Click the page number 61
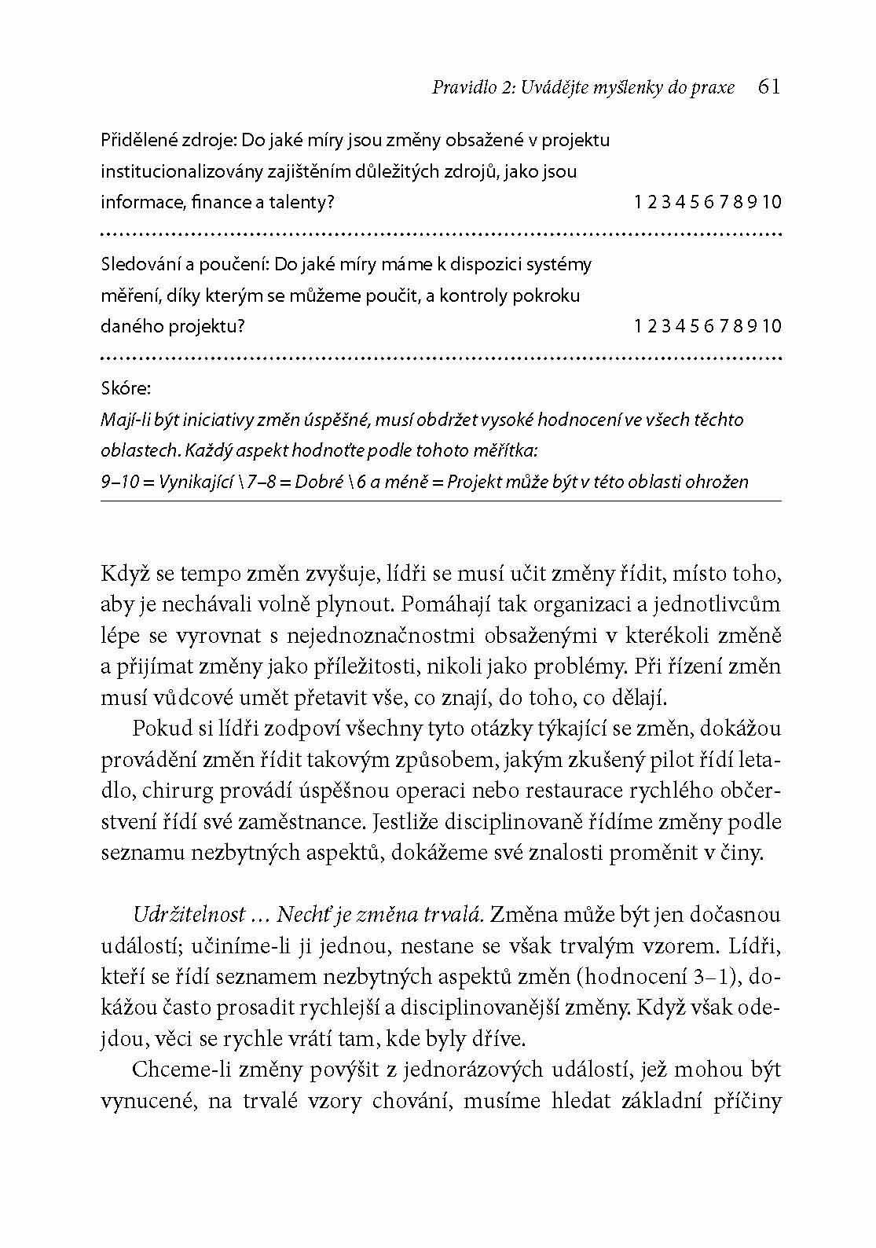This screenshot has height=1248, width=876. tap(769, 86)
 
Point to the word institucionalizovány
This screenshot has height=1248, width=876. tap(184, 171)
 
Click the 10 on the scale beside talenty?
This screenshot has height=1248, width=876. tap(772, 203)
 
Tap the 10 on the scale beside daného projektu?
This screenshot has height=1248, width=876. tap(772, 326)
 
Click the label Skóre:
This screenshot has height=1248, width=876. tap(126, 388)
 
